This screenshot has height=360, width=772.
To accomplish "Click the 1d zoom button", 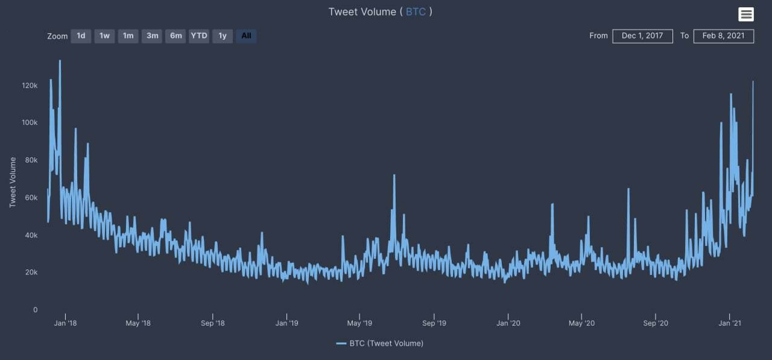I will [x=81, y=36].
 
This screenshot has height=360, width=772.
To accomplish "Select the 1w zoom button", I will [x=104, y=36].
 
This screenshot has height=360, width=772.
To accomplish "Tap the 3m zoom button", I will [x=152, y=36].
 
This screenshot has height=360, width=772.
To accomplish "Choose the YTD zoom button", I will [x=199, y=36].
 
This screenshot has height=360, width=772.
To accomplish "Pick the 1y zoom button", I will [x=223, y=36].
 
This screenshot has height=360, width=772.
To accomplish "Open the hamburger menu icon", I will [x=746, y=14].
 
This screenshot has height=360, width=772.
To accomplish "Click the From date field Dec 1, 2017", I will [x=642, y=36].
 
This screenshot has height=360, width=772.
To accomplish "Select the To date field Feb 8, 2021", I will [x=723, y=36].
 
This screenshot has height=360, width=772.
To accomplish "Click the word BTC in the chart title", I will [x=416, y=12].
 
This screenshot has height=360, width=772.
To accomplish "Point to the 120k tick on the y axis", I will [x=30, y=86].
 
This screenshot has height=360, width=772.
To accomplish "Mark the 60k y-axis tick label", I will [x=30, y=198].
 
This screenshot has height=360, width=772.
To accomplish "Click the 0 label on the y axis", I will [x=35, y=310].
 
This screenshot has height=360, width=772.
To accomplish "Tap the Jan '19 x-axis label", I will [x=286, y=323].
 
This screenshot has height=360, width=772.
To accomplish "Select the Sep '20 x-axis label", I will [x=655, y=323].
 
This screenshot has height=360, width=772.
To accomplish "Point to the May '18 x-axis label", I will [x=138, y=323].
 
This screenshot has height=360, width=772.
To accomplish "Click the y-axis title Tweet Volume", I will [x=13, y=182].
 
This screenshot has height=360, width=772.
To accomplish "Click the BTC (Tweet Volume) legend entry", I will [x=380, y=344].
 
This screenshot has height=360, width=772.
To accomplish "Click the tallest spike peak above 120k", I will [x=60, y=61].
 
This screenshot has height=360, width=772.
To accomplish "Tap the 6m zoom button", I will [x=176, y=36].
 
